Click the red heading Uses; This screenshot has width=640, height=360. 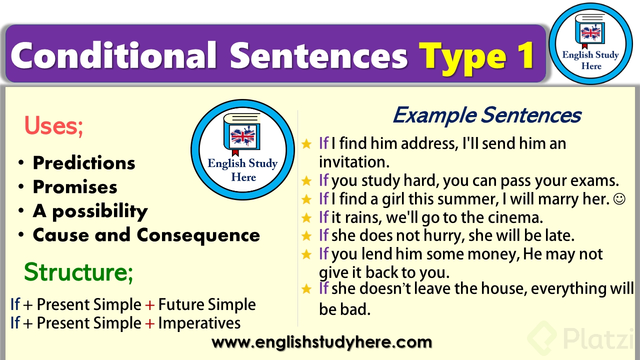pyautogui.click(x=53, y=126)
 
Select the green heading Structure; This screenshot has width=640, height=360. pyautogui.click(x=78, y=272)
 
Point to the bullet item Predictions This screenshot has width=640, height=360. pyautogui.click(x=84, y=163)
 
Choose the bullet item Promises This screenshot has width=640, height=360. pyautogui.click(x=75, y=187)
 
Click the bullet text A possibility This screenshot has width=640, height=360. pyautogui.click(x=90, y=211)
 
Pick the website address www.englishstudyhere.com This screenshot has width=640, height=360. pyautogui.click(x=322, y=342)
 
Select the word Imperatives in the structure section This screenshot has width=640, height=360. pyautogui.click(x=199, y=323)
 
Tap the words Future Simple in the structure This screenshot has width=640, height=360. pyautogui.click(x=206, y=304)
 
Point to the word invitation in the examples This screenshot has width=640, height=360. pyautogui.click(x=354, y=161)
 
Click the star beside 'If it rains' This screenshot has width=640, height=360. pyautogui.click(x=306, y=217)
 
